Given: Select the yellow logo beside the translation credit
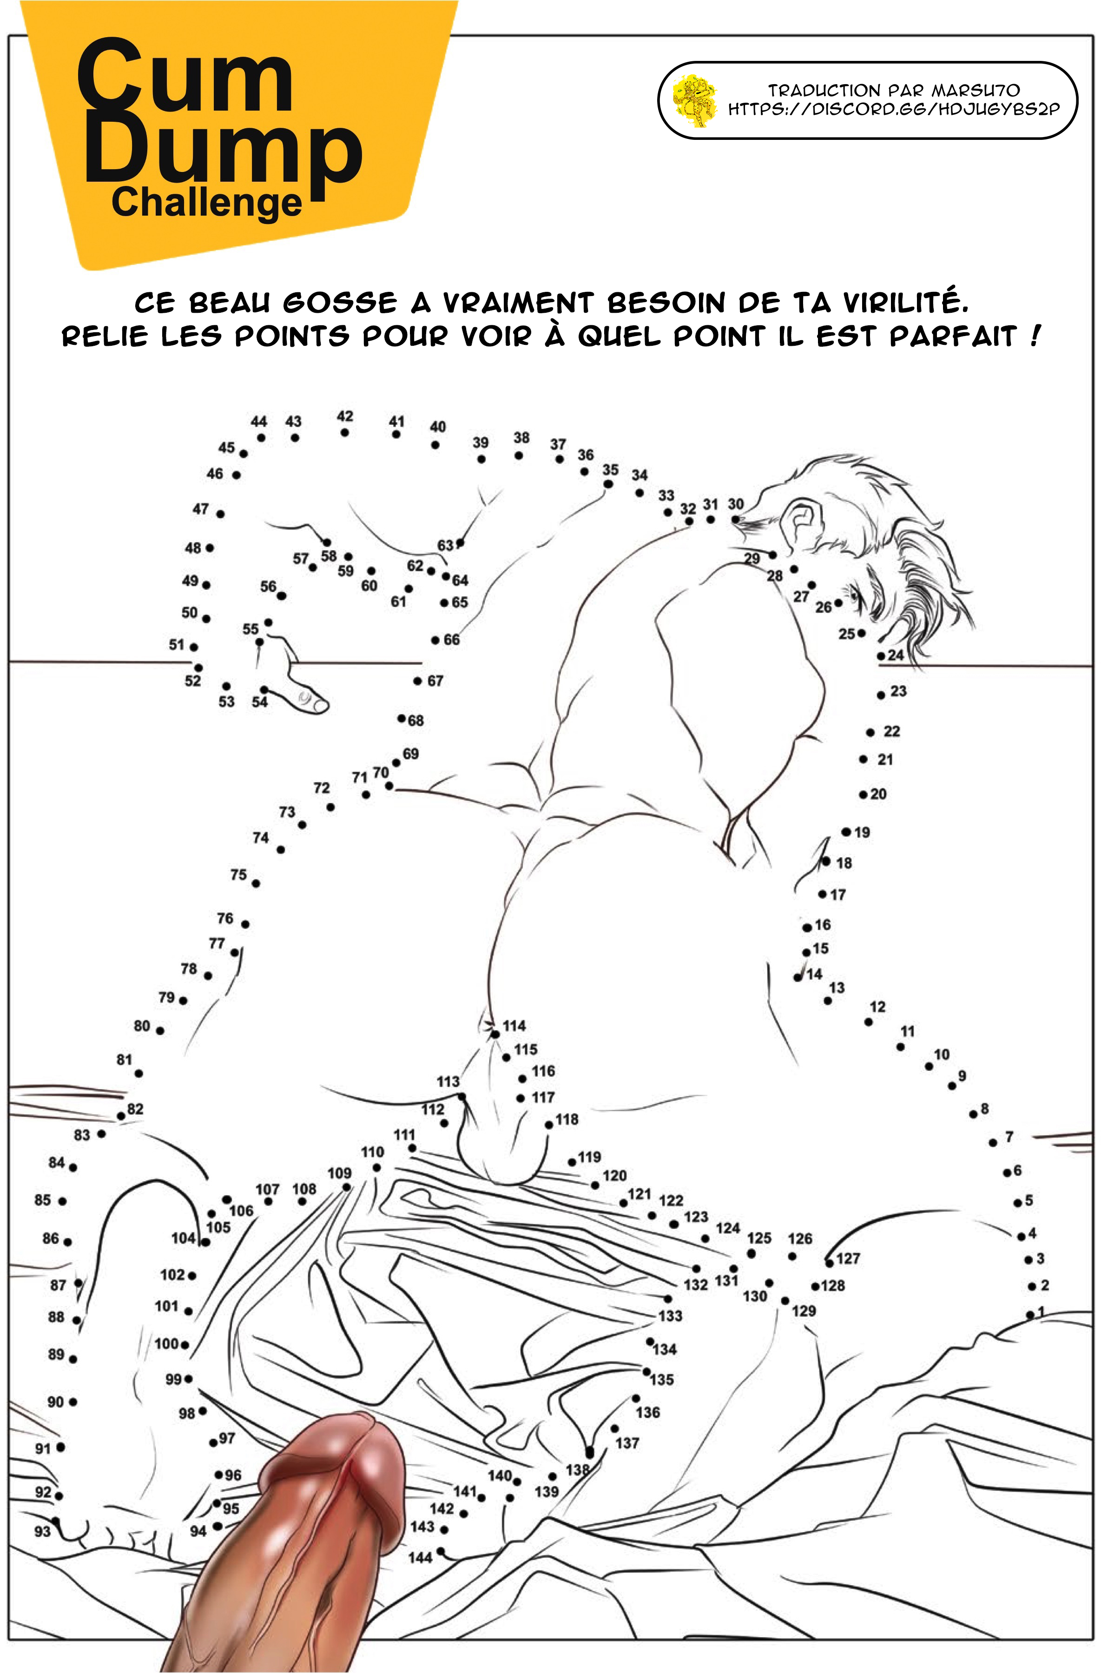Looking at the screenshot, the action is tap(695, 100).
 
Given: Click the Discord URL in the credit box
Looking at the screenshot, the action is tap(893, 110).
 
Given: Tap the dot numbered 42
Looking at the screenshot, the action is tap(344, 432).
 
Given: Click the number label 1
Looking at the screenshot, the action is tap(1041, 1311).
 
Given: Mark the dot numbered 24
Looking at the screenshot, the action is tap(881, 656).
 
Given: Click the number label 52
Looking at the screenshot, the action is tap(192, 680).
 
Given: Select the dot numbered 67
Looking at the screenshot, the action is tap(418, 680).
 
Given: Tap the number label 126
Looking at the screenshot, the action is tap(800, 1238).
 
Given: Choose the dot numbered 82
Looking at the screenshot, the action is tap(121, 1116).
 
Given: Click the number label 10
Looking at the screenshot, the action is tap(942, 1054).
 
